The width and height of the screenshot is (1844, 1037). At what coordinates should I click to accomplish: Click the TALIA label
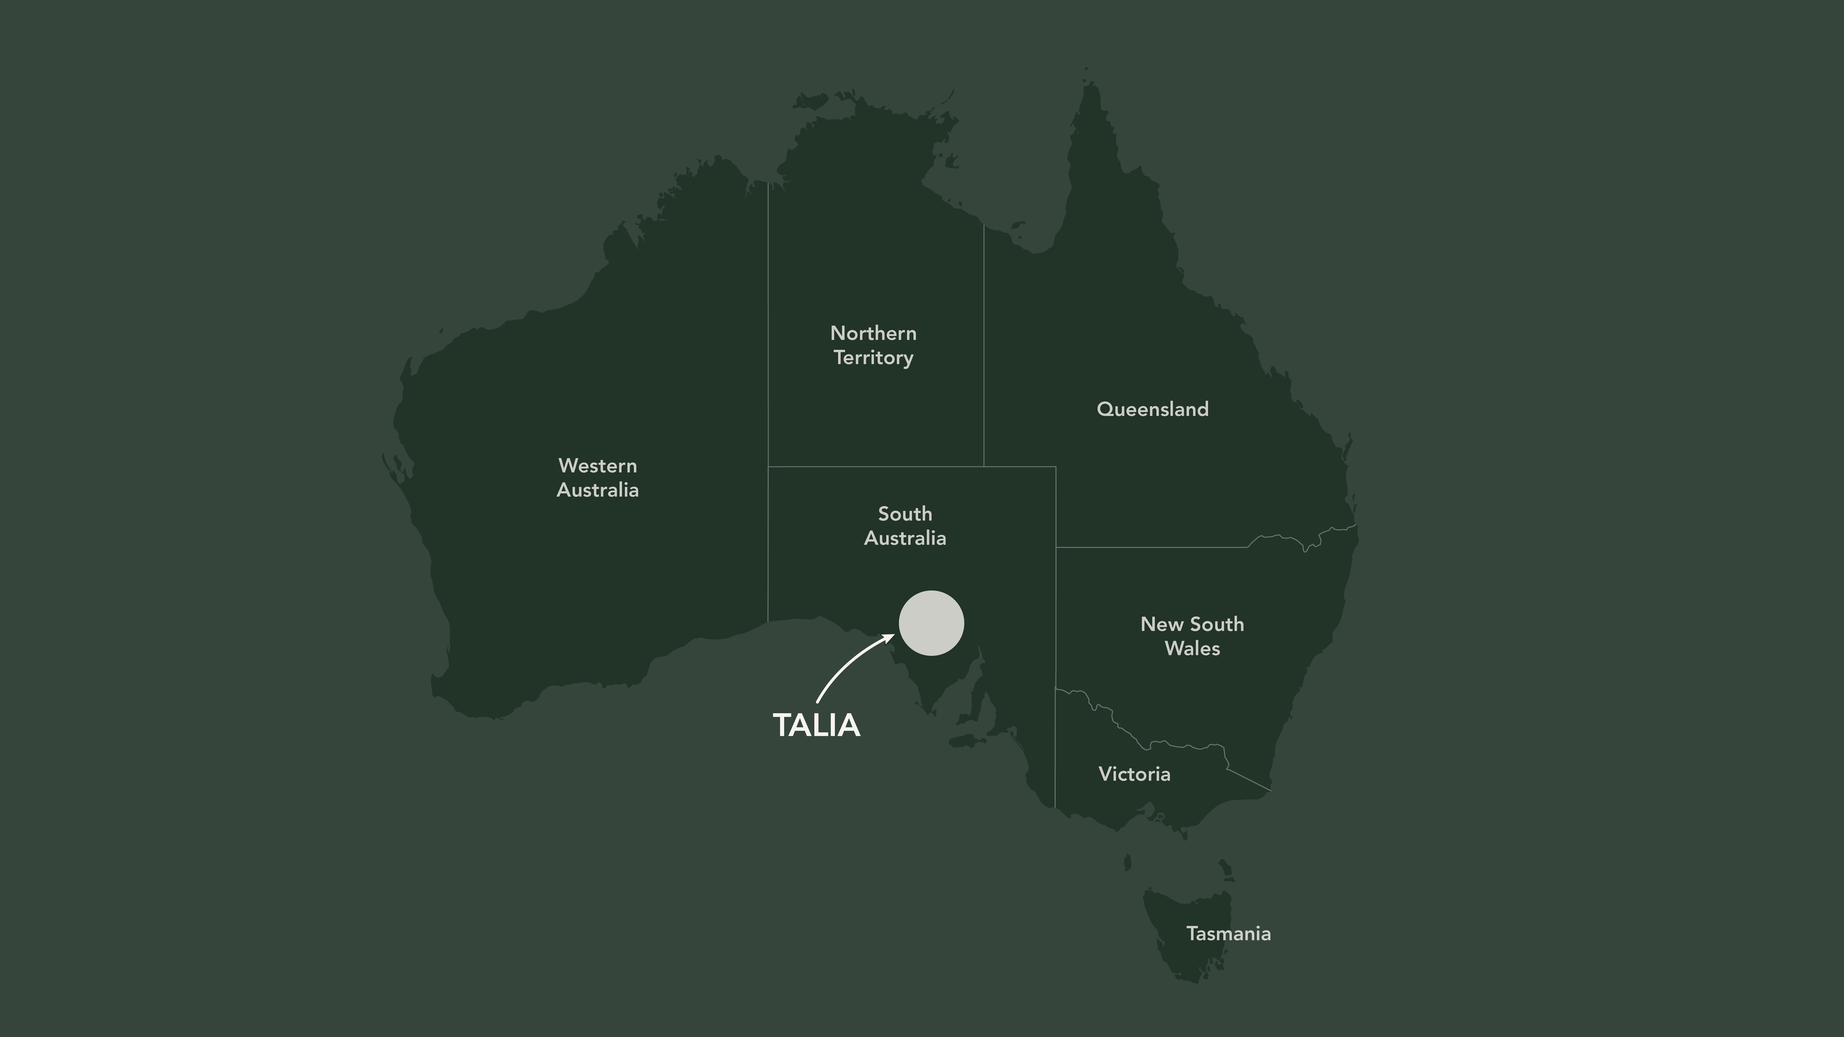816,725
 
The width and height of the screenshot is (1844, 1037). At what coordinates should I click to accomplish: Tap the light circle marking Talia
931,623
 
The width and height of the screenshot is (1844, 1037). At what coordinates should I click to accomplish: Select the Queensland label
1152,409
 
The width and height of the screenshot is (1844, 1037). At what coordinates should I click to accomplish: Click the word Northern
873,333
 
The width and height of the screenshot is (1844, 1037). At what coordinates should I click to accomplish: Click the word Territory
873,358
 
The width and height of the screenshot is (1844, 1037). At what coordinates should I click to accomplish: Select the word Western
598,466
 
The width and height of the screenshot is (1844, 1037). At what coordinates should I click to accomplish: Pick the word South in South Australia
905,514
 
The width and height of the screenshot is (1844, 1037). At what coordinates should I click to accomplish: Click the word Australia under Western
598,490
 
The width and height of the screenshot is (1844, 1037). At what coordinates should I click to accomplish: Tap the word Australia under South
905,538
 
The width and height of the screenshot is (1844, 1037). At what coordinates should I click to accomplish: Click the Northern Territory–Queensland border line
984,344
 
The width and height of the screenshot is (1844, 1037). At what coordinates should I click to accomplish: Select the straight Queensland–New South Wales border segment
1152,548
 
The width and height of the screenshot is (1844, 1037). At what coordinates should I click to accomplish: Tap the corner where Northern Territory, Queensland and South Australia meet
984,467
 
